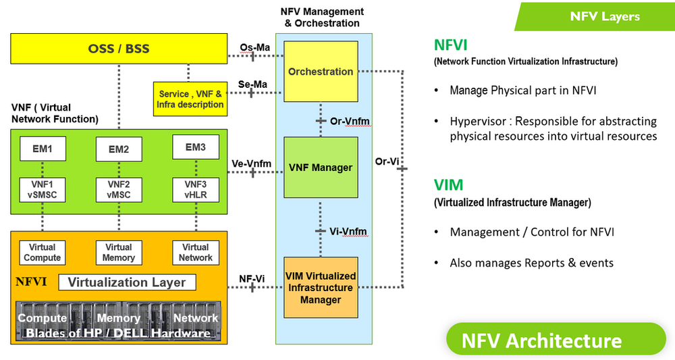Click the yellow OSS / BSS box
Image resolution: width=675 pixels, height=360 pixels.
pyautogui.click(x=119, y=49)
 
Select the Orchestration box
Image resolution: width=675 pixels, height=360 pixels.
pyautogui.click(x=321, y=72)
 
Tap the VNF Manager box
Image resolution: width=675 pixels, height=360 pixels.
pyautogui.click(x=321, y=167)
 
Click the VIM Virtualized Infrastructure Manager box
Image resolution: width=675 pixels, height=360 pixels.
pyautogui.click(x=321, y=288)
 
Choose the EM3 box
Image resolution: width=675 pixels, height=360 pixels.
pyautogui.click(x=195, y=147)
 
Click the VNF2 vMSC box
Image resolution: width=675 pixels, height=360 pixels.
pyautogui.click(x=119, y=190)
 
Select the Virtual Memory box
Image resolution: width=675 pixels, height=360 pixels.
pyautogui.click(x=119, y=253)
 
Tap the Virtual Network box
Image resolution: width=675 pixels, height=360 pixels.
pyautogui.click(x=195, y=253)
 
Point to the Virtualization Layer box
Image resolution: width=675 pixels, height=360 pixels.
pyautogui.click(x=127, y=282)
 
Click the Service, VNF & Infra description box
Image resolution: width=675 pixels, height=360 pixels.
pyautogui.click(x=190, y=99)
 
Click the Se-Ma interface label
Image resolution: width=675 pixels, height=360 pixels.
pyautogui.click(x=254, y=84)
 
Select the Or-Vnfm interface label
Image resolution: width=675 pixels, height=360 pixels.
pyautogui.click(x=349, y=121)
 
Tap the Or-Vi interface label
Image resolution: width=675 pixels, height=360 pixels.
pyautogui.click(x=388, y=161)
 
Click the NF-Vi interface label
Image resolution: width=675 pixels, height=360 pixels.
pyautogui.click(x=252, y=278)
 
